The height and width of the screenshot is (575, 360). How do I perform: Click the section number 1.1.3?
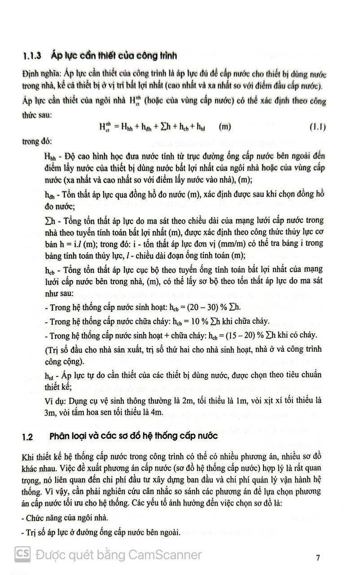click(x=32, y=57)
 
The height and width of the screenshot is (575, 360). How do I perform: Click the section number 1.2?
click(x=28, y=437)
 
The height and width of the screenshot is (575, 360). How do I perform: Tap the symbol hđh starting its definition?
click(x=50, y=194)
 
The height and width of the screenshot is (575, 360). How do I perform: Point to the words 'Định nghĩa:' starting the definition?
click(x=41, y=74)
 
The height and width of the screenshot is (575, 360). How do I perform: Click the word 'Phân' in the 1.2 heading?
click(x=61, y=437)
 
